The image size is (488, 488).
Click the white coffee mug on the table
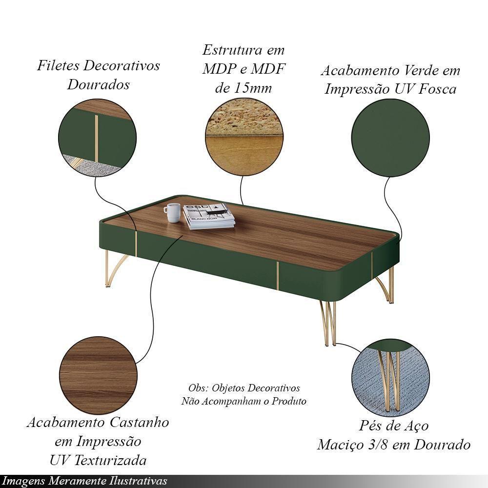172,213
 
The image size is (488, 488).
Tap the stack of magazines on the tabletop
208,217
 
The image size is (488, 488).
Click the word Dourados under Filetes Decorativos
99,84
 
